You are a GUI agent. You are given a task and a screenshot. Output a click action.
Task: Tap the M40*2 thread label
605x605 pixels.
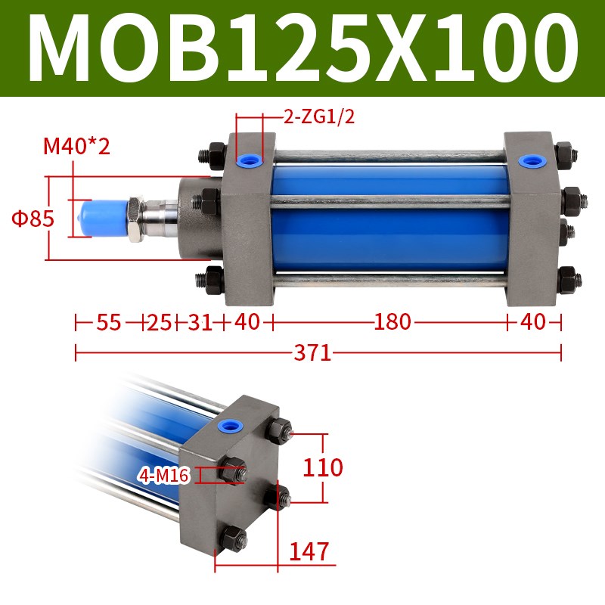pyautogui.click(x=76, y=145)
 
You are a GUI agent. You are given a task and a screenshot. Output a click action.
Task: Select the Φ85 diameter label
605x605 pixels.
pyautogui.click(x=32, y=219)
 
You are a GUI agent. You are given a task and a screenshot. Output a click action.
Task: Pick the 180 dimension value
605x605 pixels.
pyautogui.click(x=392, y=322)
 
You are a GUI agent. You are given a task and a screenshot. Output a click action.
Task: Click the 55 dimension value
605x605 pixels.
pyautogui.click(x=109, y=322)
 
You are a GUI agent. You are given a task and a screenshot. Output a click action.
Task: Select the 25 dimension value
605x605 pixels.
pyautogui.click(x=159, y=322)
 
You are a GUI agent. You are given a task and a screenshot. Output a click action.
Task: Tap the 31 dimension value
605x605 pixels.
pyautogui.click(x=199, y=322)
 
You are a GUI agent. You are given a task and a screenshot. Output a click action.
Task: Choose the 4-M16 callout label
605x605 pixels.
pyautogui.click(x=163, y=476)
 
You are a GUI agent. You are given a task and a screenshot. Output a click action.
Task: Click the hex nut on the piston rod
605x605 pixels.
pyautogui.click(x=135, y=219)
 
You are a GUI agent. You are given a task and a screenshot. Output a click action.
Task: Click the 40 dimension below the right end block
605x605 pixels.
pyautogui.click(x=533, y=322)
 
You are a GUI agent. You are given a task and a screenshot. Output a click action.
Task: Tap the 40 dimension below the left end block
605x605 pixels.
pyautogui.click(x=247, y=322)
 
